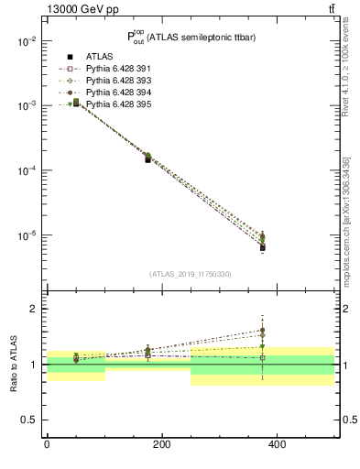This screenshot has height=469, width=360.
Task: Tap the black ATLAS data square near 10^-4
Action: point(147,159)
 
